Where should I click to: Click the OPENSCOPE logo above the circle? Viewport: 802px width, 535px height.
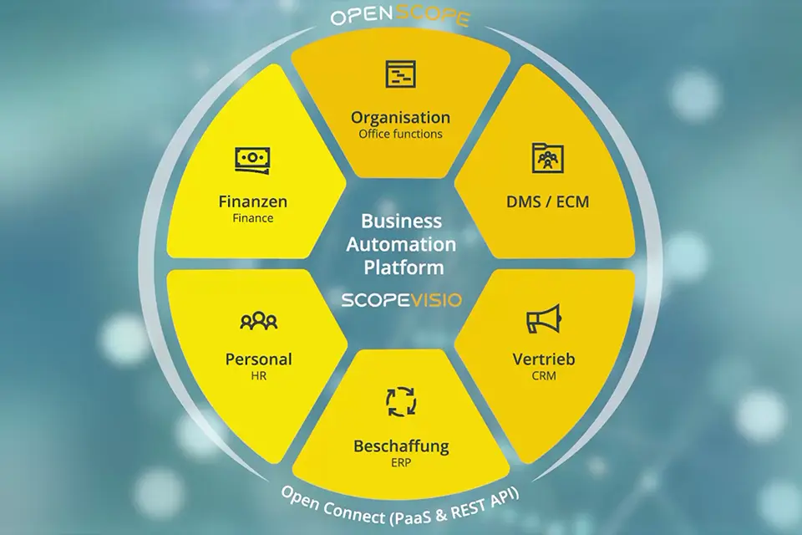(x=400, y=17)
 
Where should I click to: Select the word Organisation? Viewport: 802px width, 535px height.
(x=400, y=118)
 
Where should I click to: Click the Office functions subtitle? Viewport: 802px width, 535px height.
(x=400, y=134)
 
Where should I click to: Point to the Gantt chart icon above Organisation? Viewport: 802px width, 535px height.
(x=400, y=75)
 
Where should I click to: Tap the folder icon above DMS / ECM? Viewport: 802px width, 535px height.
(x=547, y=158)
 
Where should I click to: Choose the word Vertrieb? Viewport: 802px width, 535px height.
(x=544, y=359)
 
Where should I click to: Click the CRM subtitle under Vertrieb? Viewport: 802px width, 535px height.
(x=544, y=376)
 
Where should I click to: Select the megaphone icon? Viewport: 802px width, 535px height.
(x=544, y=319)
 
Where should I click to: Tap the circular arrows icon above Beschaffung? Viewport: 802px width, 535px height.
(x=401, y=402)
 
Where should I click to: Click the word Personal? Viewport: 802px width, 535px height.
(x=258, y=359)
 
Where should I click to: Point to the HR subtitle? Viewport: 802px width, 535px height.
(x=258, y=376)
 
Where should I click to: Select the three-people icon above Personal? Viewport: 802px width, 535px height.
(x=258, y=320)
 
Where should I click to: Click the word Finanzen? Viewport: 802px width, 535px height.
(x=253, y=201)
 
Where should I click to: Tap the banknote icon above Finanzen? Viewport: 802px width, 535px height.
(x=253, y=159)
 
